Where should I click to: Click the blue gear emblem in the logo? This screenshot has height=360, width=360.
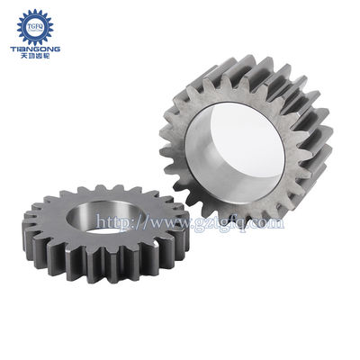coord(37,25)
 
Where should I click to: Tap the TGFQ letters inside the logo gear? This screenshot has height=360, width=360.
coord(37,26)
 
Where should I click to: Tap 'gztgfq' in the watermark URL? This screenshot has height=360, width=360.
coord(213,222)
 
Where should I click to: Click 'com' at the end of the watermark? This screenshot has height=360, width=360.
coord(265,221)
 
